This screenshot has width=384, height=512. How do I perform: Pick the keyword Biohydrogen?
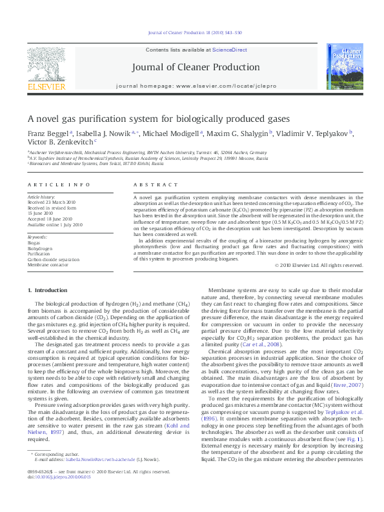coord(39,247)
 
